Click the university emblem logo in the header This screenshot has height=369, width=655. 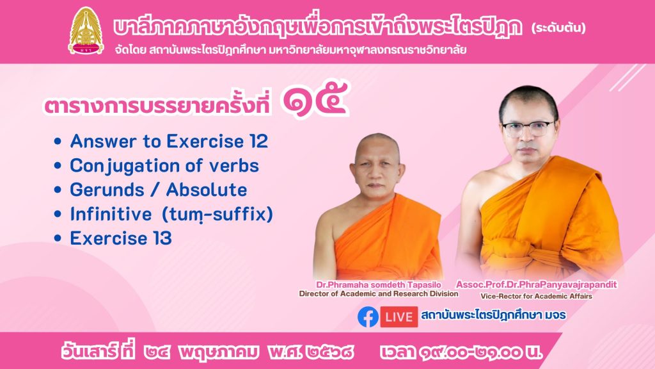pyautogui.click(x=86, y=31)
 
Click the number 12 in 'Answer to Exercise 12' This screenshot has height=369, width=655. pyautogui.click(x=259, y=142)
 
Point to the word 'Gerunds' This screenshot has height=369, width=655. pyautogui.click(x=107, y=190)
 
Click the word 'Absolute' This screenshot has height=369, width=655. pyautogui.click(x=207, y=190)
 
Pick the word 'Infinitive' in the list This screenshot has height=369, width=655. pyautogui.click(x=111, y=214)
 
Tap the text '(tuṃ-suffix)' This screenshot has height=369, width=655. pyautogui.click(x=217, y=215)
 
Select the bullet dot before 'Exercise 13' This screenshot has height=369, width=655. pyautogui.click(x=58, y=238)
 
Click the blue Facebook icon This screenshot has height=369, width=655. pyautogui.click(x=368, y=316)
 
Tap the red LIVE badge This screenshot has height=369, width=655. pyautogui.click(x=399, y=316)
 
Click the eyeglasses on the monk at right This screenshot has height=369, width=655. pyautogui.click(x=528, y=127)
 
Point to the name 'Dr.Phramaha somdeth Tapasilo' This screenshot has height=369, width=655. pyautogui.click(x=379, y=285)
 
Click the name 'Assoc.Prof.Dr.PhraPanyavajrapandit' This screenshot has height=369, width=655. pyautogui.click(x=537, y=285)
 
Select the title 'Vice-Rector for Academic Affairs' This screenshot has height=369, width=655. pyautogui.click(x=537, y=296)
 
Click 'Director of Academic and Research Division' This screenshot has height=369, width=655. pyautogui.click(x=379, y=294)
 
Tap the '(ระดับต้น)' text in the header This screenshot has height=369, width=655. pyautogui.click(x=558, y=28)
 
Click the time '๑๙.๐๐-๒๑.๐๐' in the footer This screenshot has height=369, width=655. pyautogui.click(x=469, y=352)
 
